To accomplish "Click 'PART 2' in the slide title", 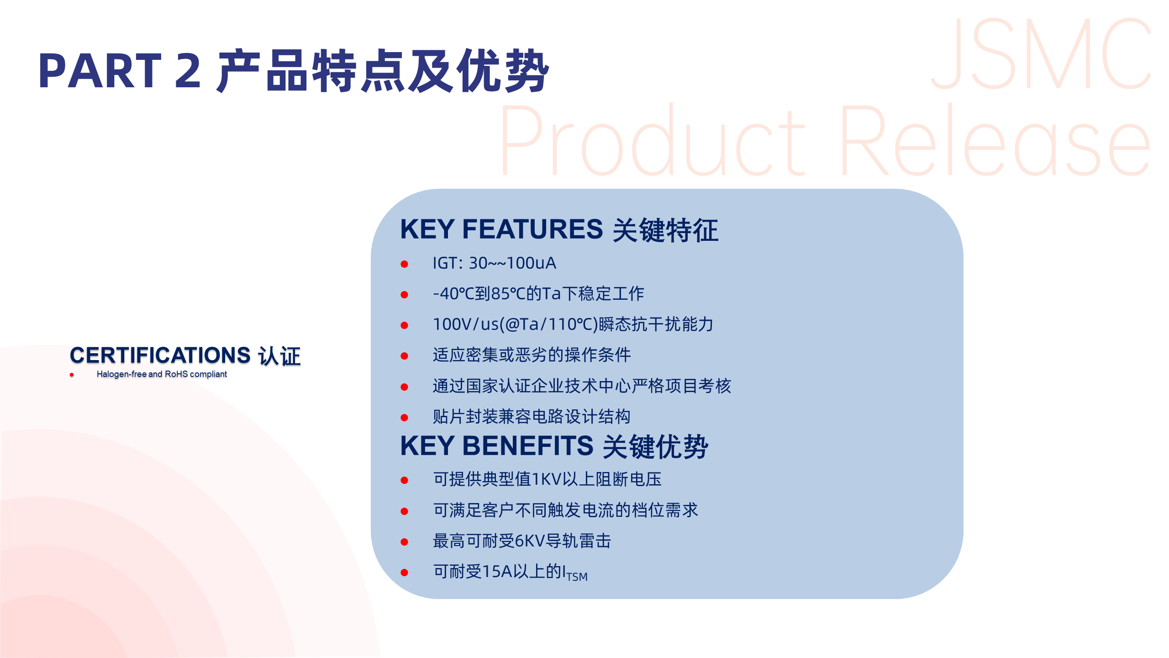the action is pyautogui.click(x=120, y=71).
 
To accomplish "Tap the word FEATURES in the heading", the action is pyautogui.click(x=532, y=229).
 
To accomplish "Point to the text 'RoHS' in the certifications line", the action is pyautogui.click(x=176, y=374).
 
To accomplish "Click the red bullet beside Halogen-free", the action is pyautogui.click(x=72, y=375).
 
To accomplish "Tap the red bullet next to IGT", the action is pyautogui.click(x=404, y=264).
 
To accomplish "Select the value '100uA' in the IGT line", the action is pyautogui.click(x=531, y=263).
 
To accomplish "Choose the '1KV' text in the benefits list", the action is pyautogui.click(x=547, y=479).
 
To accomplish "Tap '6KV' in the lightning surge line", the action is pyautogui.click(x=530, y=541).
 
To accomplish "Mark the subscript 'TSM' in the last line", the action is pyautogui.click(x=577, y=577).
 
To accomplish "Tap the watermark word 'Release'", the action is pyautogui.click(x=995, y=141).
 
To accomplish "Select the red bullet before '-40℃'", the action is pyautogui.click(x=404, y=295).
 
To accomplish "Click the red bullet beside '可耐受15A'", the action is pyautogui.click(x=404, y=573).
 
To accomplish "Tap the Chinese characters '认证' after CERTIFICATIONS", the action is pyautogui.click(x=279, y=356).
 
